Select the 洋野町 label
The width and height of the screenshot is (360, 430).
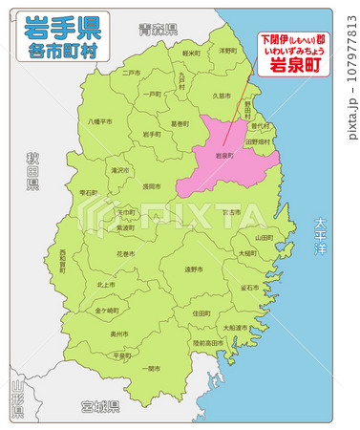[x=227, y=51]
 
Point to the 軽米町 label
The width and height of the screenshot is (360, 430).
[x=191, y=54]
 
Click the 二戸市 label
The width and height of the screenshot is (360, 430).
[x=131, y=72]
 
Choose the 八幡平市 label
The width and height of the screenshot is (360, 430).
[x=100, y=121]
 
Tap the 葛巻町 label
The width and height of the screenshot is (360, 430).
[x=180, y=122]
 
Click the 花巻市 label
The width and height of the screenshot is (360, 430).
[x=125, y=255]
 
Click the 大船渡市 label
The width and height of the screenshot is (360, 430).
[x=235, y=328]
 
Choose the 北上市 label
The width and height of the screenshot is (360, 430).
[x=106, y=285]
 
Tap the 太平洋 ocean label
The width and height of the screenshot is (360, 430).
[x=320, y=239]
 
